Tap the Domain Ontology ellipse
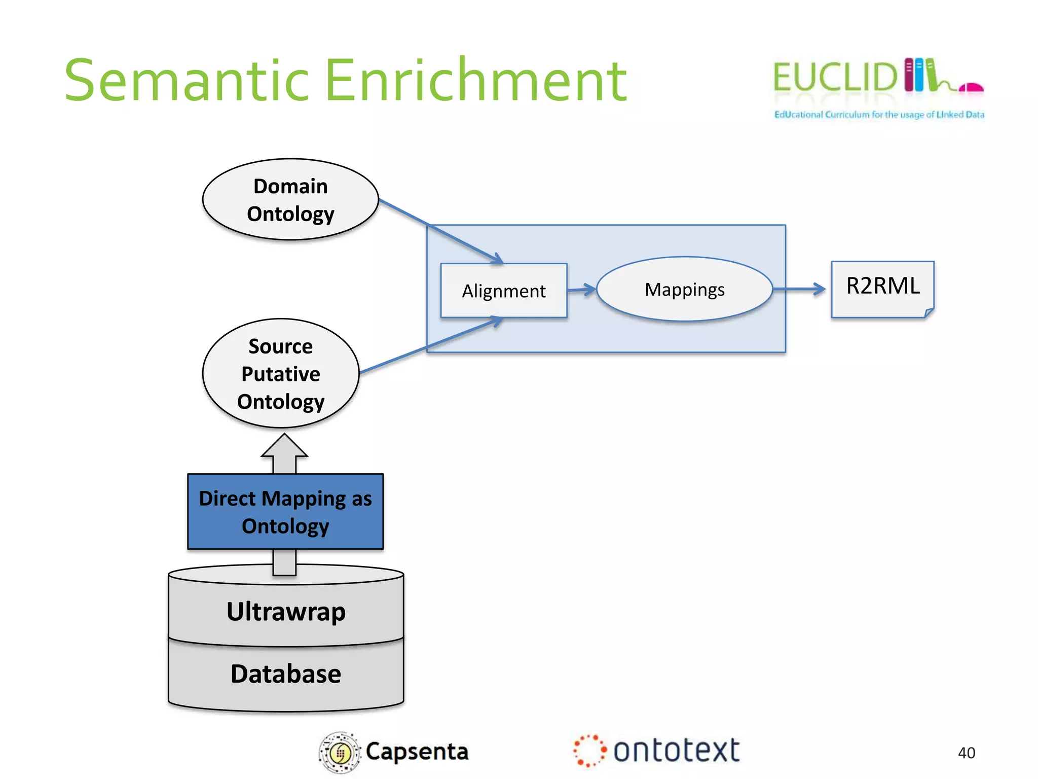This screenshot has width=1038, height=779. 290,200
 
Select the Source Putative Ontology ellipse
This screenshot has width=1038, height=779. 281,374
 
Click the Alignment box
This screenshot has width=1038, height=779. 504,291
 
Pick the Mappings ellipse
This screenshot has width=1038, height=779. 684,289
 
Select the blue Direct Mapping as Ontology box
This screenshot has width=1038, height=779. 285,512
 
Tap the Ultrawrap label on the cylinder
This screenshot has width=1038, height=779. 286,611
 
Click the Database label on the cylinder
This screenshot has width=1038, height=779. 286,674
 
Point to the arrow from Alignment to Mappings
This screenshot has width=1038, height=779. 582,290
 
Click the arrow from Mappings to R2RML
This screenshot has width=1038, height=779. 800,289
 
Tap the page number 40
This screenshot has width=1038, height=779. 966,753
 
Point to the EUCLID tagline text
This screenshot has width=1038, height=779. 879,115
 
